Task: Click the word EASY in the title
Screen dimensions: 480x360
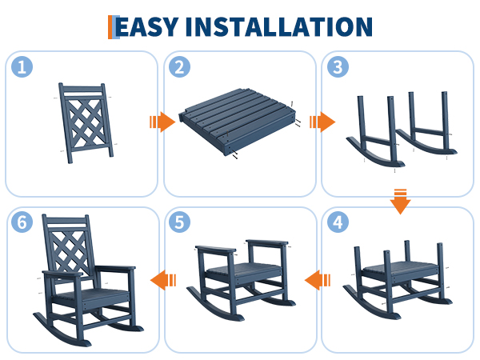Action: pos(146,27)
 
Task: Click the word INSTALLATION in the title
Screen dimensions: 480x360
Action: pos(279,27)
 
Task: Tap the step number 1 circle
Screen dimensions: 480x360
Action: pos(22,66)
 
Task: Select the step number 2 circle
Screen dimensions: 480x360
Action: pos(180,66)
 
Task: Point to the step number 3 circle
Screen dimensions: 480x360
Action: pos(338,66)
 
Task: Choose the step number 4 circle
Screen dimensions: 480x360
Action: pos(338,222)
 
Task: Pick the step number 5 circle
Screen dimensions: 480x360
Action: pos(180,222)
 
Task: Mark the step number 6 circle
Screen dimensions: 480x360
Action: pos(22,222)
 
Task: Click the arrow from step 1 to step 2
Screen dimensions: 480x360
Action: pos(162,122)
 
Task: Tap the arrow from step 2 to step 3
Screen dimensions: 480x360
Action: pos(322,122)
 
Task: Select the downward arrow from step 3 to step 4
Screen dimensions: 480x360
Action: pos(400,202)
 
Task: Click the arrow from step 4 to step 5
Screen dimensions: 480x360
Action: pos(318,280)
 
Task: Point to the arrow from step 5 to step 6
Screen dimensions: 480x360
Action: pos(163,280)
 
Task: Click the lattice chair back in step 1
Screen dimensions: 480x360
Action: pos(86,122)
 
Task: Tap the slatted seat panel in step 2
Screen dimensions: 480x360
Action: pos(238,122)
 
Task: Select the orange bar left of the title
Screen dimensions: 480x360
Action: pos(110,27)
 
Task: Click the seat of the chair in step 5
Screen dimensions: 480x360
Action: pos(244,270)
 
